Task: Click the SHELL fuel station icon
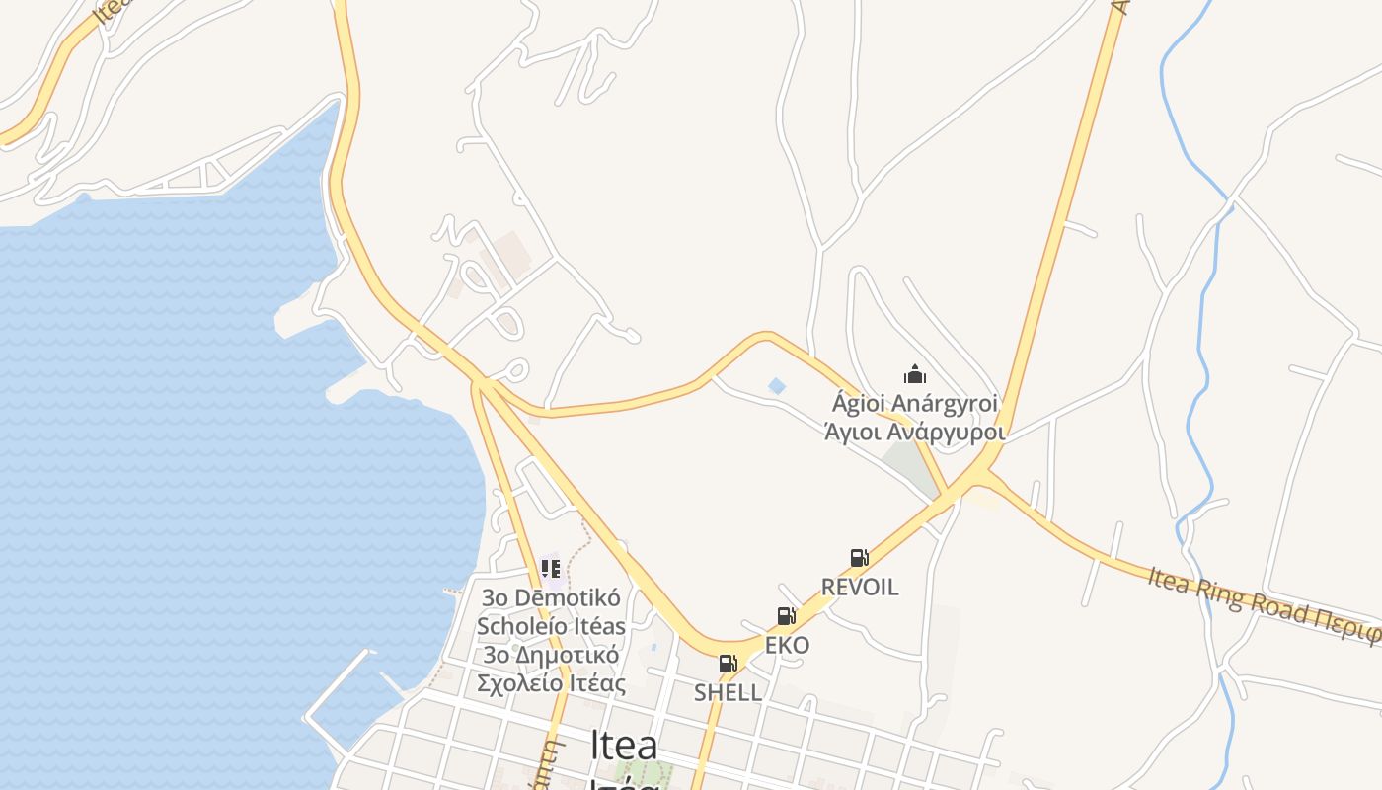(728, 664)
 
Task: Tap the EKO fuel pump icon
(786, 617)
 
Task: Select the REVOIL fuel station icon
(859, 558)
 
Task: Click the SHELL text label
(728, 692)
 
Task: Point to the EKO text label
(787, 646)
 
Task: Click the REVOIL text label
(860, 587)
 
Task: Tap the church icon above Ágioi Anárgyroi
(915, 374)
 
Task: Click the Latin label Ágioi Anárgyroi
(915, 403)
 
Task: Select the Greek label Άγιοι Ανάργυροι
(915, 432)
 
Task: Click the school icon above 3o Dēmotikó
(551, 569)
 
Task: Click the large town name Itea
(624, 746)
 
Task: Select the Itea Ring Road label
(1264, 602)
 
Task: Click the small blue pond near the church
(777, 385)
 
